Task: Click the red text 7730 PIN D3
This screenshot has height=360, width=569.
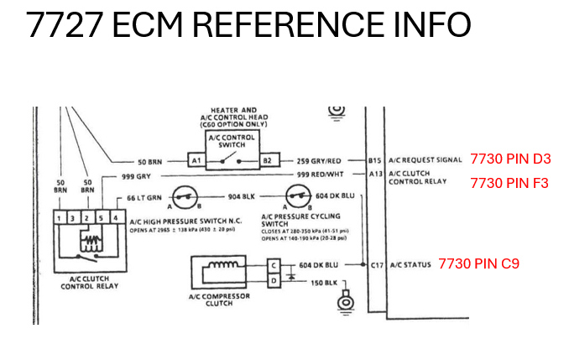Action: [x=510, y=158]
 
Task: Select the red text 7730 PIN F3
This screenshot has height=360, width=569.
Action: [x=509, y=181]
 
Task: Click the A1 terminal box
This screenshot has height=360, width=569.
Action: [x=195, y=159]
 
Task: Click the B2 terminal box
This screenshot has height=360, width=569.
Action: [x=268, y=159]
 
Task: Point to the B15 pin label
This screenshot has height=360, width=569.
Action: [x=374, y=159]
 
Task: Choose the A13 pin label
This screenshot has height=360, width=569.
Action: [x=374, y=175]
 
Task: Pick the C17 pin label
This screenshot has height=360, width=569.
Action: [x=375, y=265]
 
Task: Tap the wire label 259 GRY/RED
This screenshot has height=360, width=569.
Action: [x=319, y=159]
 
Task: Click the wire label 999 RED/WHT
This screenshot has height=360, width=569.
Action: [x=319, y=175]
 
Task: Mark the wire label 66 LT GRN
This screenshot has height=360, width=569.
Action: [x=144, y=197]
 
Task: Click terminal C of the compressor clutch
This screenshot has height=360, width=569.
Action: [x=273, y=264]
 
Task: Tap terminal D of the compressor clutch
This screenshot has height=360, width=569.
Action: [x=273, y=280]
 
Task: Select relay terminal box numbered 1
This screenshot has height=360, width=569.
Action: [x=60, y=219]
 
